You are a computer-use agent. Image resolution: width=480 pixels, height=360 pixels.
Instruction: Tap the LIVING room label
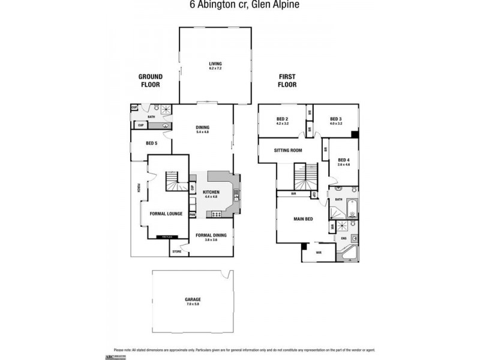pyautogui.click(x=215, y=65)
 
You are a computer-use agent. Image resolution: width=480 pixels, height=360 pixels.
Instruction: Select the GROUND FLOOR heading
pyautogui.click(x=151, y=80)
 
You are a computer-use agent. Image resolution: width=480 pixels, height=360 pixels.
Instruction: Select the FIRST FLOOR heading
pyautogui.click(x=287, y=80)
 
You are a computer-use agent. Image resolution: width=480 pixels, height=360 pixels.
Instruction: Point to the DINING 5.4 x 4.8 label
pyautogui.click(x=202, y=129)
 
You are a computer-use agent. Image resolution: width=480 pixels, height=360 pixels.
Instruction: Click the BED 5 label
pyautogui.click(x=151, y=143)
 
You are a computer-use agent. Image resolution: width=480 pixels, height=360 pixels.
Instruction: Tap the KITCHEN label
pyautogui.click(x=211, y=193)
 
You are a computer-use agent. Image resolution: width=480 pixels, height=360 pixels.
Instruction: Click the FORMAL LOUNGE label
pyautogui.click(x=166, y=214)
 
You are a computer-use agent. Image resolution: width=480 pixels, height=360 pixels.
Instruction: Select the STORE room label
pyautogui.click(x=177, y=251)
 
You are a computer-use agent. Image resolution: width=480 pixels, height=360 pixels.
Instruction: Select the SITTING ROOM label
pyautogui.click(x=287, y=151)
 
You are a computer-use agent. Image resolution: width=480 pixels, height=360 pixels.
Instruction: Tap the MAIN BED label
pyautogui.click(x=302, y=219)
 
